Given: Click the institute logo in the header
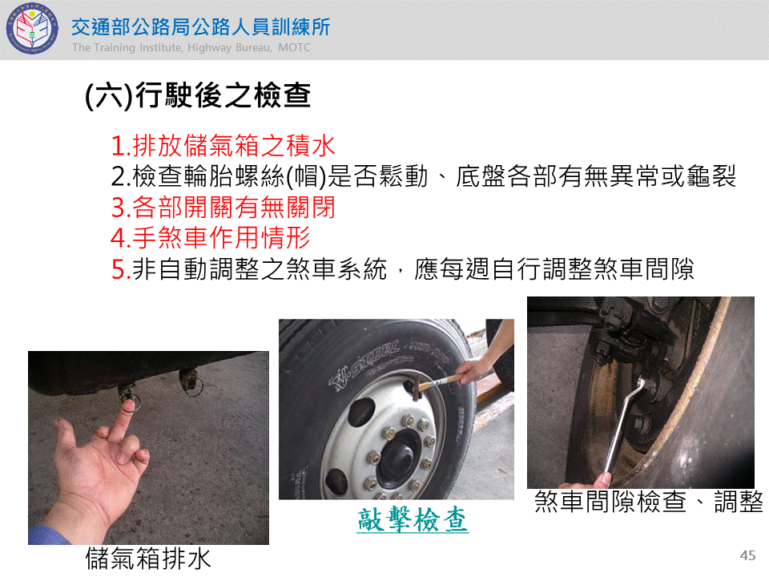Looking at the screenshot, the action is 32,29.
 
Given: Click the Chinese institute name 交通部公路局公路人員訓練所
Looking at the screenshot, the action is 200,27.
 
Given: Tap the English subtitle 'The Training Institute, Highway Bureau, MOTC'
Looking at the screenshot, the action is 191,47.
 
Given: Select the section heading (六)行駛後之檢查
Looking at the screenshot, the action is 198,95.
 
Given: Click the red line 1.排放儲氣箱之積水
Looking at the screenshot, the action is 223,146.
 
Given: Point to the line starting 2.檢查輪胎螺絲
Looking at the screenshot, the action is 424,176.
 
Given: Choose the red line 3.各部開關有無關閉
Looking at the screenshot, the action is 223,207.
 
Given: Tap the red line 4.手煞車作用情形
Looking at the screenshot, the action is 211,238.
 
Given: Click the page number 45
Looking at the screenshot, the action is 747,555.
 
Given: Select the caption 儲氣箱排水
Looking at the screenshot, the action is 148,559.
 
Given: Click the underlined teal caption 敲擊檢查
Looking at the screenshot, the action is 413,519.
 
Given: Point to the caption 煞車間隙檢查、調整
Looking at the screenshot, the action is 648,502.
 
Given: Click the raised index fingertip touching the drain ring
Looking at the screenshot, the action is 128,406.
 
